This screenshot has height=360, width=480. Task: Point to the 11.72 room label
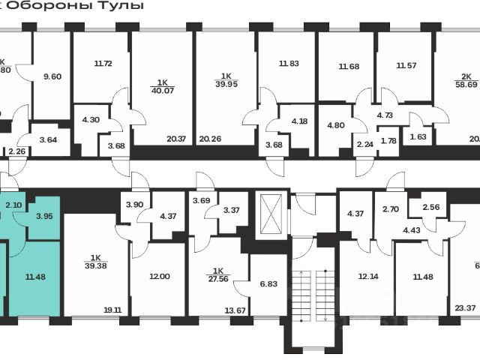(x=103, y=64)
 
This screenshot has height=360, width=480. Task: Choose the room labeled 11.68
(x=349, y=67)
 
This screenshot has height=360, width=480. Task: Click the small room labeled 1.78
(x=388, y=141)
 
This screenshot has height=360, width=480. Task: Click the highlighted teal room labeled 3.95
(x=43, y=217)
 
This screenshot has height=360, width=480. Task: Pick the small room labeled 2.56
(x=431, y=208)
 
